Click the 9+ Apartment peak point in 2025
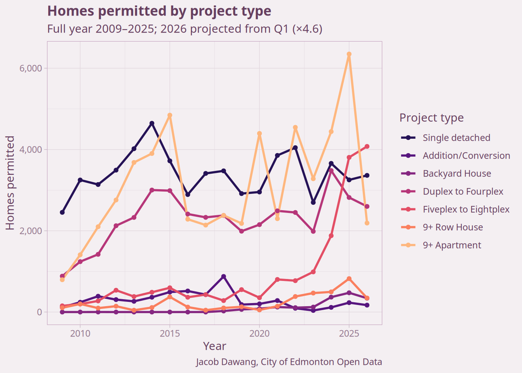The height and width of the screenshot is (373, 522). pyautogui.click(x=349, y=54)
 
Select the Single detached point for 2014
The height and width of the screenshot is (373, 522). pyautogui.click(x=152, y=123)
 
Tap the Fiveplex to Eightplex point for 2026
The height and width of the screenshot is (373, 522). pyautogui.click(x=367, y=146)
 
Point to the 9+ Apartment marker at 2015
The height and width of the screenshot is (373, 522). pyautogui.click(x=170, y=115)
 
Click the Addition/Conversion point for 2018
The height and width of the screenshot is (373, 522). pyautogui.click(x=224, y=276)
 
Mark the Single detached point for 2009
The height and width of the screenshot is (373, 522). pyautogui.click(x=62, y=212)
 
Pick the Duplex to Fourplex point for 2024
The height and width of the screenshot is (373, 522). pyautogui.click(x=331, y=171)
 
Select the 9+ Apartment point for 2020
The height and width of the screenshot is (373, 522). pyautogui.click(x=259, y=134)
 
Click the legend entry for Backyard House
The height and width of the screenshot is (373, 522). pyautogui.click(x=457, y=174)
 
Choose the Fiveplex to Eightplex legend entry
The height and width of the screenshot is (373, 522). pyautogui.click(x=466, y=209)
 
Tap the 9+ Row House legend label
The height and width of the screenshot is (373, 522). pyautogui.click(x=453, y=227)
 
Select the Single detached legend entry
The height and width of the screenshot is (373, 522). pyautogui.click(x=456, y=138)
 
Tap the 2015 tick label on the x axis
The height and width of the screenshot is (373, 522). pyautogui.click(x=170, y=333)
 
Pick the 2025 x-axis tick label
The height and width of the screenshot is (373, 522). pyautogui.click(x=349, y=333)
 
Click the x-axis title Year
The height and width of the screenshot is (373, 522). pyautogui.click(x=214, y=346)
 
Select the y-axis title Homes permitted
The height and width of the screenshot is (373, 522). pyautogui.click(x=10, y=183)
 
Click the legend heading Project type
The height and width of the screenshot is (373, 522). pyautogui.click(x=432, y=118)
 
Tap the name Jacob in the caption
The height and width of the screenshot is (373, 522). pyautogui.click(x=207, y=362)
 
